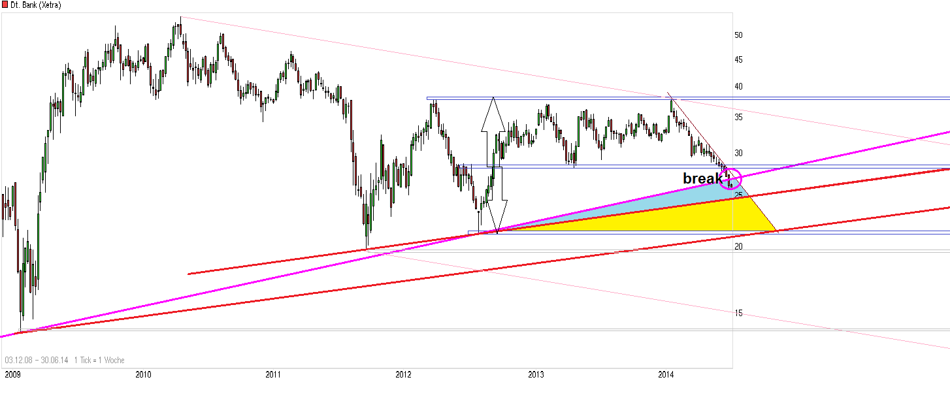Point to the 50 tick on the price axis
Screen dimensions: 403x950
click(x=738, y=35)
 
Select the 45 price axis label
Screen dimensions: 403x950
click(x=738, y=60)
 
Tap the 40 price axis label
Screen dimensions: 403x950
click(x=738, y=87)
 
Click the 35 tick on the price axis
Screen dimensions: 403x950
click(x=738, y=118)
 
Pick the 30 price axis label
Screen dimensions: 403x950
click(x=738, y=153)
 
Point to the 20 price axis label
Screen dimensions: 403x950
click(x=738, y=246)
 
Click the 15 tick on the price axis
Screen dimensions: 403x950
click(x=738, y=314)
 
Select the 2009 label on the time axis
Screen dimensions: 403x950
click(x=12, y=375)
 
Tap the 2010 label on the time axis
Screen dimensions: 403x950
click(x=143, y=375)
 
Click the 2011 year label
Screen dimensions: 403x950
click(x=273, y=375)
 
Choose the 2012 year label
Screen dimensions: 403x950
click(x=404, y=375)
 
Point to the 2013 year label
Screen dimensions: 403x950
click(x=536, y=375)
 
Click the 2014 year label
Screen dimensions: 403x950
click(x=666, y=375)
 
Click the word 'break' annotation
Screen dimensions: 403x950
click(x=702, y=178)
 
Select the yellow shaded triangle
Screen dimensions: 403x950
click(x=706, y=219)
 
